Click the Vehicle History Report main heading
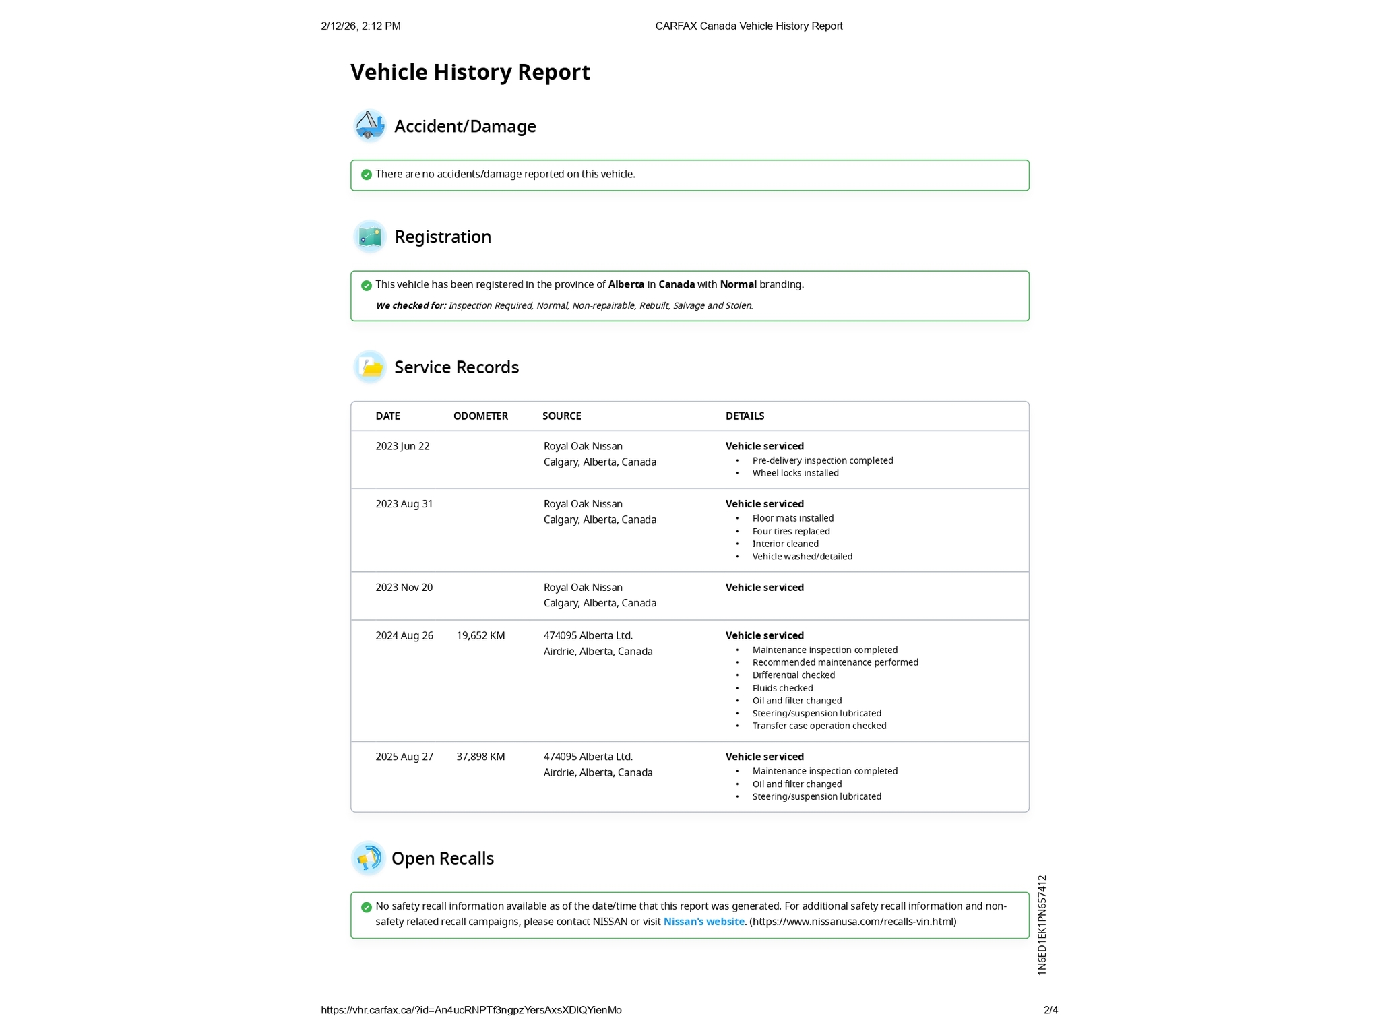pos(470,72)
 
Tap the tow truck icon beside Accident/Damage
pos(369,125)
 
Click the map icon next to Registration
pos(369,237)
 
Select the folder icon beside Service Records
pos(369,367)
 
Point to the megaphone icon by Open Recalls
pos(368,858)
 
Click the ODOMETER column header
pos(480,416)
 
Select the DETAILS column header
pos(745,416)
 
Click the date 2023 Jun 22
pos(402,446)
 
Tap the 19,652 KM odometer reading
pos(480,635)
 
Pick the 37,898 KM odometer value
pos(480,757)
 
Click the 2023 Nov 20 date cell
pos(404,588)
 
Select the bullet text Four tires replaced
pos(791,531)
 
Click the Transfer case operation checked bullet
pos(819,726)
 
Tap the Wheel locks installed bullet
pos(795,473)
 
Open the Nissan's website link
pos(703,922)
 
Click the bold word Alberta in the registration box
pos(626,284)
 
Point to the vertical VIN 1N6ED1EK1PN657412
pos(1042,925)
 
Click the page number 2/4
pos(1050,1010)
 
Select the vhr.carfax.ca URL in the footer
pos(471,1010)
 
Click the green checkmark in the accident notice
pos(367,175)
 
